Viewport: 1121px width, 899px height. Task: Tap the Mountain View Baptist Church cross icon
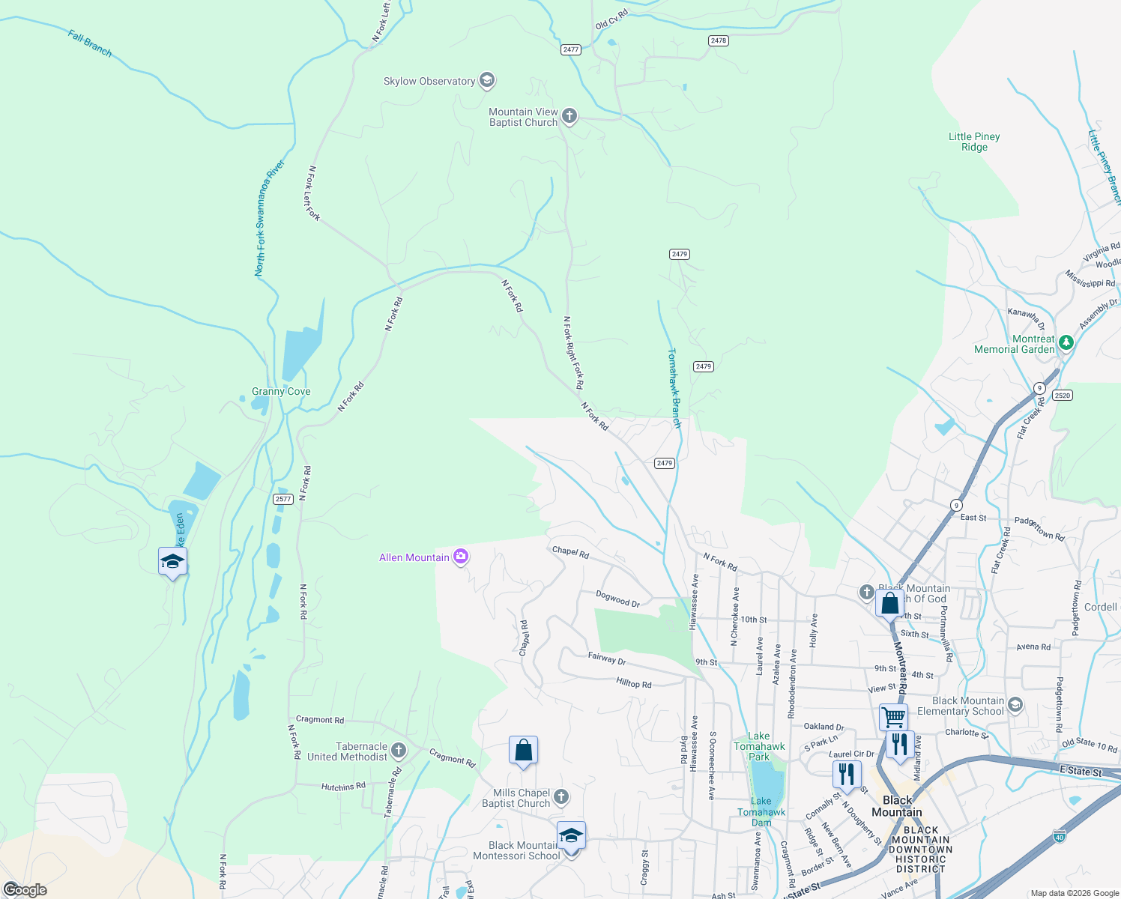click(569, 115)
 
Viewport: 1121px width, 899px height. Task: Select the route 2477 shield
click(571, 49)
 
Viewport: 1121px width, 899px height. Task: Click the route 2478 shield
click(719, 40)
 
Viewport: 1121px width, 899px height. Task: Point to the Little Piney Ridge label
click(974, 142)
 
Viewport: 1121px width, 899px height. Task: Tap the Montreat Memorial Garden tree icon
click(1066, 342)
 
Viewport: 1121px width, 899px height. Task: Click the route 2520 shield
click(1062, 395)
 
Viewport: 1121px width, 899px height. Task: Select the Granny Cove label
click(281, 391)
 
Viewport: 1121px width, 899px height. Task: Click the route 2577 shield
click(282, 499)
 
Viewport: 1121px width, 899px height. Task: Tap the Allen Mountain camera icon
click(461, 557)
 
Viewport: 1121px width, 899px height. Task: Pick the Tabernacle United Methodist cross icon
click(399, 750)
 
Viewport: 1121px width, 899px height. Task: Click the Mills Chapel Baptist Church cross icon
click(561, 796)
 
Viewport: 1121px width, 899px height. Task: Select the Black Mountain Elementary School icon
click(1015, 705)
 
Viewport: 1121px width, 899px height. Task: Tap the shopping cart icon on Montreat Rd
click(893, 716)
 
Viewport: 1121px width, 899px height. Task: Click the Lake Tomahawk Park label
click(760, 746)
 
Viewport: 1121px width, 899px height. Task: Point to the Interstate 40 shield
click(1060, 835)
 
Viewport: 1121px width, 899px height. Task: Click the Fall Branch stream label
click(90, 43)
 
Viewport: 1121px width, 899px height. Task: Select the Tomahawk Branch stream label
click(674, 387)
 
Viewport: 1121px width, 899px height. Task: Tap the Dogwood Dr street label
click(618, 599)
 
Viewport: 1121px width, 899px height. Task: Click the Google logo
click(25, 889)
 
